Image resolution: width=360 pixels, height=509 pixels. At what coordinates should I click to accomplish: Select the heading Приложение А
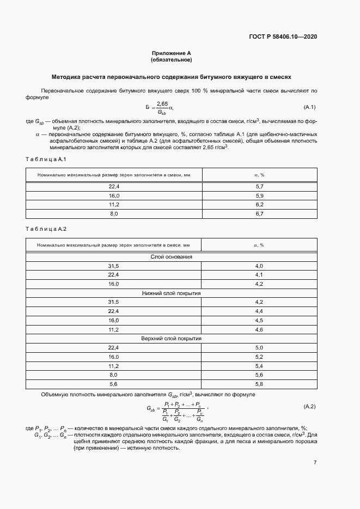tap(172, 53)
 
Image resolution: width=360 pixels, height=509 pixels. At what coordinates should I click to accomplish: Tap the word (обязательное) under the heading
tap(172, 60)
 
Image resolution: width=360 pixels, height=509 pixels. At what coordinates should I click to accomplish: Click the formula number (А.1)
tap(309, 107)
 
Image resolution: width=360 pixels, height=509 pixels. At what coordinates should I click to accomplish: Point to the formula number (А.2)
tap(309, 406)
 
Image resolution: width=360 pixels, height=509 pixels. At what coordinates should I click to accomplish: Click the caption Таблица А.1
tap(46, 159)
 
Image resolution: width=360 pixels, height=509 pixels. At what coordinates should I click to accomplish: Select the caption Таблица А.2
tap(46, 229)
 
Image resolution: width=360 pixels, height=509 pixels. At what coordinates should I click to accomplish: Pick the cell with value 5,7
tap(259, 187)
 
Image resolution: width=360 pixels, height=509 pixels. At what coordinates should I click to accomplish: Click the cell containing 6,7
tap(259, 214)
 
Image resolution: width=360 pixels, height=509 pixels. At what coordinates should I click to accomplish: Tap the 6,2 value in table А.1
tap(259, 205)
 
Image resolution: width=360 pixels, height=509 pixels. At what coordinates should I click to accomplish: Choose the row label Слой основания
tap(172, 256)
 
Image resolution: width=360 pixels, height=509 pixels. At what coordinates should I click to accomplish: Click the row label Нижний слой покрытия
tap(172, 293)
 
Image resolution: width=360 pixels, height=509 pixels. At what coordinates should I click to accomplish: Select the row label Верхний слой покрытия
tap(172, 338)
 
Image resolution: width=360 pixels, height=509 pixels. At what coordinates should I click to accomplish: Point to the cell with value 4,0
tap(259, 266)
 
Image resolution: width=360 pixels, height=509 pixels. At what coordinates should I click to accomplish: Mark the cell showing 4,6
tap(259, 329)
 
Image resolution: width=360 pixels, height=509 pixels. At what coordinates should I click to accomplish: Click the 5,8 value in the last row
tap(259, 384)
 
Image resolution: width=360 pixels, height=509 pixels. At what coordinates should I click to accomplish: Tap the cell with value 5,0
tap(259, 347)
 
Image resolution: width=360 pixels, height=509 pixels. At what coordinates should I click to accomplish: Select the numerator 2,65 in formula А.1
tap(162, 103)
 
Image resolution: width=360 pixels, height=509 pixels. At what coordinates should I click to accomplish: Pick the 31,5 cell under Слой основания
tap(114, 266)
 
